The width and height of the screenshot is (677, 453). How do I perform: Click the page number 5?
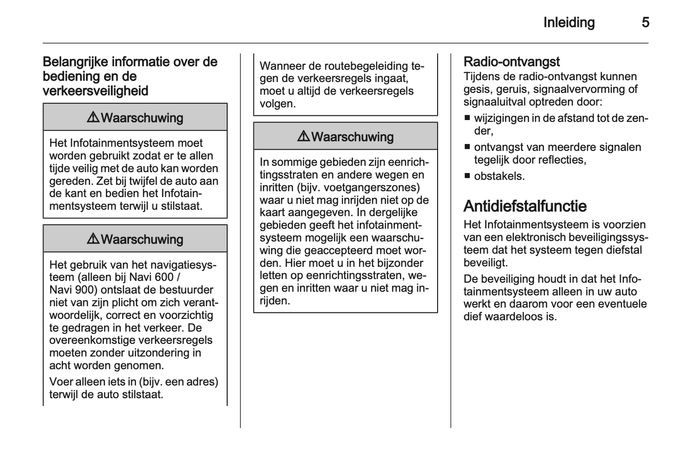pyautogui.click(x=645, y=23)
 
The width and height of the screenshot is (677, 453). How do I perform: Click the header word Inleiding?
pyautogui.click(x=569, y=23)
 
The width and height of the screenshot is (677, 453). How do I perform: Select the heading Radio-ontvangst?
pyautogui.click(x=511, y=62)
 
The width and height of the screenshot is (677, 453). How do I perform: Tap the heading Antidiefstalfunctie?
pyautogui.click(x=525, y=206)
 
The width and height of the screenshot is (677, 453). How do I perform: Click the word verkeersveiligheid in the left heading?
pyautogui.click(x=96, y=91)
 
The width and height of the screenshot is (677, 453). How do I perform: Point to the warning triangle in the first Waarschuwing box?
pyautogui.click(x=93, y=117)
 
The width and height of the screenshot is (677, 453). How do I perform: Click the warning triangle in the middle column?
pyautogui.click(x=303, y=136)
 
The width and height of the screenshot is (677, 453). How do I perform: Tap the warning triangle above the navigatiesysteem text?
pyautogui.click(x=93, y=239)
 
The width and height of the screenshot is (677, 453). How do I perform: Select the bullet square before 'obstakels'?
pyautogui.click(x=467, y=176)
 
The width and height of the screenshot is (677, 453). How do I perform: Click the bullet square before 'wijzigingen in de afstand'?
pyautogui.click(x=467, y=118)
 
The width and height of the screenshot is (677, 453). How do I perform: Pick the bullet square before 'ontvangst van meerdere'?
pyautogui.click(x=467, y=147)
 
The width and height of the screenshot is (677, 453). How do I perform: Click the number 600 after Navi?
pyautogui.click(x=164, y=277)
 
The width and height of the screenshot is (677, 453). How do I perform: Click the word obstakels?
pyautogui.click(x=499, y=176)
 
